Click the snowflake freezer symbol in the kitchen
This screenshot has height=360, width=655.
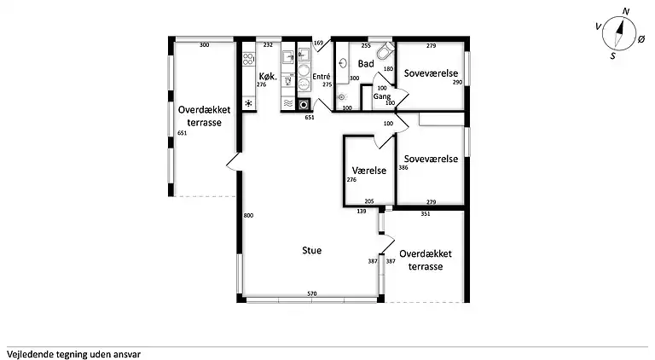coord(249,103)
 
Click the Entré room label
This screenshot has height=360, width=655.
coord(322,77)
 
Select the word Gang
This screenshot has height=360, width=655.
coord(381,97)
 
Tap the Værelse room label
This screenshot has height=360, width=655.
coord(368,171)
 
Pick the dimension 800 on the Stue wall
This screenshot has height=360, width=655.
coord(248,216)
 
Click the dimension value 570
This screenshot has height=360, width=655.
coord(312,294)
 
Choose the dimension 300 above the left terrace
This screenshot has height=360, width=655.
coord(204,44)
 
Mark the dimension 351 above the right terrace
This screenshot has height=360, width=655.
coord(426,214)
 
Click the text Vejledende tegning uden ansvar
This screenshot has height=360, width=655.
coord(73,352)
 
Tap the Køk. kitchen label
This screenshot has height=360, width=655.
coord(268,75)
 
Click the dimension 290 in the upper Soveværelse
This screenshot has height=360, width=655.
coord(457,82)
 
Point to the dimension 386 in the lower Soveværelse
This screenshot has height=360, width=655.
coord(403,168)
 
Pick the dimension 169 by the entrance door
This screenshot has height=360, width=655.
coord(319,43)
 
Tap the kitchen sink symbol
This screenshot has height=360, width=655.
coord(289,59)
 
